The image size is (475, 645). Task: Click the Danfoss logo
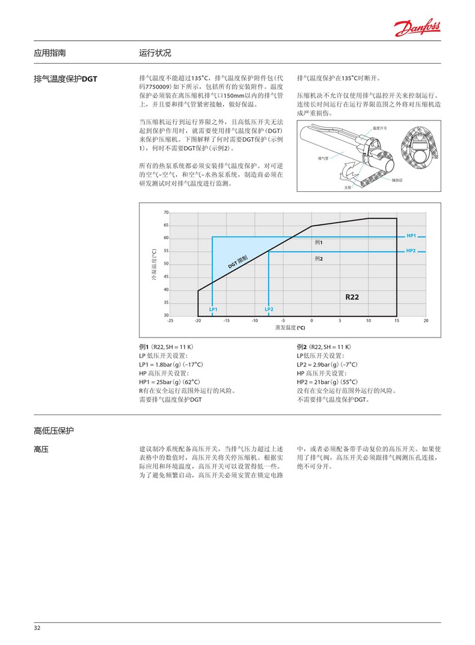click(x=417, y=26)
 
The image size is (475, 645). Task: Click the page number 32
click(x=37, y=628)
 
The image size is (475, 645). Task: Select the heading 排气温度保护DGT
click(x=66, y=78)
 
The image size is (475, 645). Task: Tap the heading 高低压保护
click(x=54, y=431)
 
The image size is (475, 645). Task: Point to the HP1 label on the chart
click(x=411, y=235)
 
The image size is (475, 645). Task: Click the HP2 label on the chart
click(x=411, y=250)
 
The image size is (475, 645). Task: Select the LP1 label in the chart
click(x=213, y=309)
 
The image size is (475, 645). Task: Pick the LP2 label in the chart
click(x=269, y=309)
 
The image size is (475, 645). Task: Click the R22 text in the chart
click(x=352, y=297)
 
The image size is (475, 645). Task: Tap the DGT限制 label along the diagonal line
click(x=238, y=262)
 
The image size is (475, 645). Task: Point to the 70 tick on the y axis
click(x=166, y=213)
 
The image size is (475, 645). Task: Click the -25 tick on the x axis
click(x=170, y=321)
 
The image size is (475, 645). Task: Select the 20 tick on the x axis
click(x=426, y=321)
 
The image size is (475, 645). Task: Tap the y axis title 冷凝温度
click(x=154, y=265)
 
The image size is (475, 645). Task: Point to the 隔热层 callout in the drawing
click(x=397, y=179)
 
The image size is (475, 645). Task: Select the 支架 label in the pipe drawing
click(x=347, y=188)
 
